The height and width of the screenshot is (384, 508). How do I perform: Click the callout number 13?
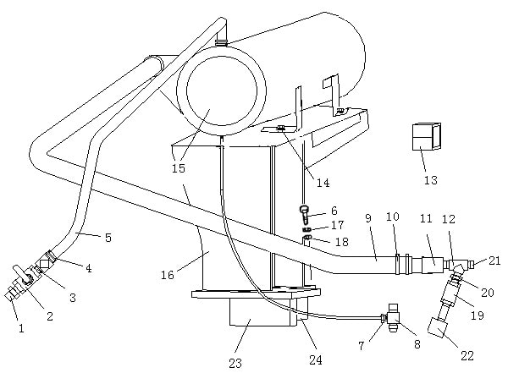(431, 180)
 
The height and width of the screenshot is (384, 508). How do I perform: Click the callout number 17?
(338, 226)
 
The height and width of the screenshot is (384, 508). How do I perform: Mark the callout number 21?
(494, 261)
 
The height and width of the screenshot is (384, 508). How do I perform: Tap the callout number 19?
(476, 315)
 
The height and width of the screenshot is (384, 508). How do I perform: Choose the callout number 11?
(426, 219)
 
